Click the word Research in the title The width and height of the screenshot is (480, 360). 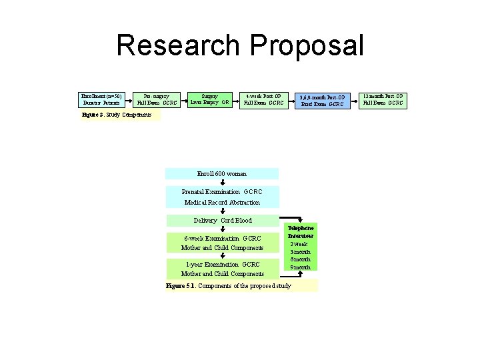pyautogui.click(x=178, y=46)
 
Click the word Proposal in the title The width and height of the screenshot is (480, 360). pyautogui.click(x=307, y=46)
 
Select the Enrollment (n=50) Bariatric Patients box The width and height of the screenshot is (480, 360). pyautogui.click(x=101, y=100)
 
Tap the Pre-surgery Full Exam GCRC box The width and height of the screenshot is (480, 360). pyautogui.click(x=157, y=100)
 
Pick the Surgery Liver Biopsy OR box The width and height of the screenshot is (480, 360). pyautogui.click(x=209, y=100)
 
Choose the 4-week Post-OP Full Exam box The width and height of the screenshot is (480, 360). pyautogui.click(x=263, y=100)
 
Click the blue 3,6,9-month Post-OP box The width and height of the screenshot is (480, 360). pyautogui.click(x=322, y=100)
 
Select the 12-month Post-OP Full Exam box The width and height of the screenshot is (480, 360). pyautogui.click(x=383, y=100)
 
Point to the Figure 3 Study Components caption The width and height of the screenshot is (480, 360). pyautogui.click(x=112, y=115)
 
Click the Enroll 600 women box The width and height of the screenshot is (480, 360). pyautogui.click(x=221, y=173)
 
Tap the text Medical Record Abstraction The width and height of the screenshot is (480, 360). pyautogui.click(x=222, y=202)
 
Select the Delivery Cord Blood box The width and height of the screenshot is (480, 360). pyautogui.click(x=223, y=221)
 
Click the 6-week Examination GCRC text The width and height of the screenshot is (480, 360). pyautogui.click(x=222, y=238)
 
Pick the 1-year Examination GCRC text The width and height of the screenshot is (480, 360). pyautogui.click(x=222, y=264)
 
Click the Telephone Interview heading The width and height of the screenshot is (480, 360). pyautogui.click(x=301, y=231)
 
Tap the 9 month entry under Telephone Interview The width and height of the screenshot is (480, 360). pyautogui.click(x=301, y=267)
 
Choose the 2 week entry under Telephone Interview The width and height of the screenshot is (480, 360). pyautogui.click(x=301, y=244)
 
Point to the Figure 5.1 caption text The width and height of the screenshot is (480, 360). pyautogui.click(x=228, y=285)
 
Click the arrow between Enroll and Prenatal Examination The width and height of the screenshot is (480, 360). pyautogui.click(x=223, y=182)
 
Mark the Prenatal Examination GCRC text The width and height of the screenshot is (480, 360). pyautogui.click(x=222, y=192)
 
